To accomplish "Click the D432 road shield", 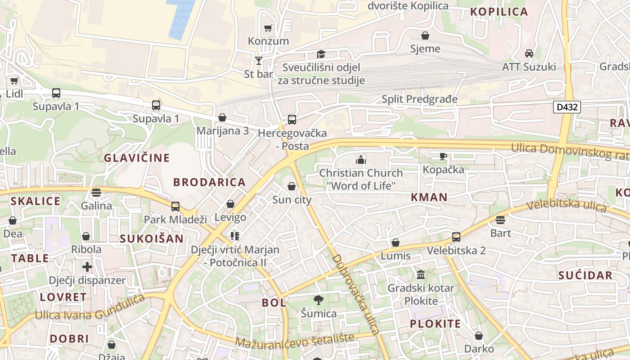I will pos(567,107).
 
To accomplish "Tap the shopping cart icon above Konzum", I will pos(268,28).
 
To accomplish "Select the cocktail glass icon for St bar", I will pos(259,60).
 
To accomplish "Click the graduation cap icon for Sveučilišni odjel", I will pos(320,54).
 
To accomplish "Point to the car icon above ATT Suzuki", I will pos(529,53).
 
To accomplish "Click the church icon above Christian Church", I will pos(360,159).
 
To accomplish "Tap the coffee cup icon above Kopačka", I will pos(443,156).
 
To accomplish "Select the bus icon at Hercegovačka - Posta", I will pos(292,120).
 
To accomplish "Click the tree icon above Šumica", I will pos(319,300).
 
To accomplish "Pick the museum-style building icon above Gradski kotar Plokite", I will pos(421,274).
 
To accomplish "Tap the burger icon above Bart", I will pos(500,220).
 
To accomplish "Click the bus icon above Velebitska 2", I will pos(456,237).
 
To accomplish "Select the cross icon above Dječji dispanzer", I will pos(87,267).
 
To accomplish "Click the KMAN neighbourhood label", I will pos(429,197).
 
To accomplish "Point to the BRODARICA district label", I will pos(210,182).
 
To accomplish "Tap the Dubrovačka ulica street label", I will pos(355,294).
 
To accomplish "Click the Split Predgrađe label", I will pos(419,99).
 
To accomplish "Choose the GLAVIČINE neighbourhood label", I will pos(137,158).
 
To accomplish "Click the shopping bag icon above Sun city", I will pos(292,186).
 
